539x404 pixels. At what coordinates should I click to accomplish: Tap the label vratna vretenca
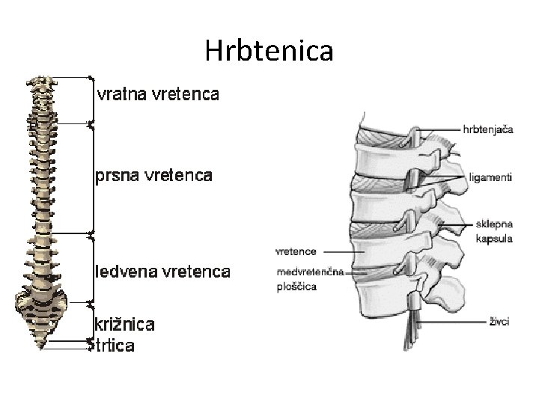coord(158,94)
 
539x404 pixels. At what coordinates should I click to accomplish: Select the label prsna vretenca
coord(153,176)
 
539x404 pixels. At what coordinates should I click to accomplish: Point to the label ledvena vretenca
coord(162,271)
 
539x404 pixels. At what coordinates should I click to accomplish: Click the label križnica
coord(124,325)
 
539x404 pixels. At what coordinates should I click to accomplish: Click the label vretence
coord(296,251)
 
